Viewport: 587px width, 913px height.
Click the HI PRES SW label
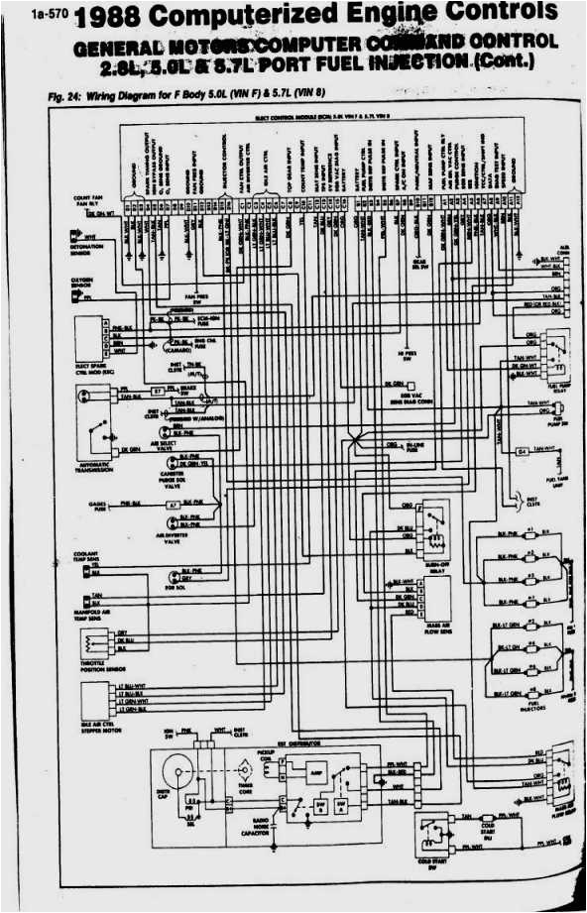coord(405,354)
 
